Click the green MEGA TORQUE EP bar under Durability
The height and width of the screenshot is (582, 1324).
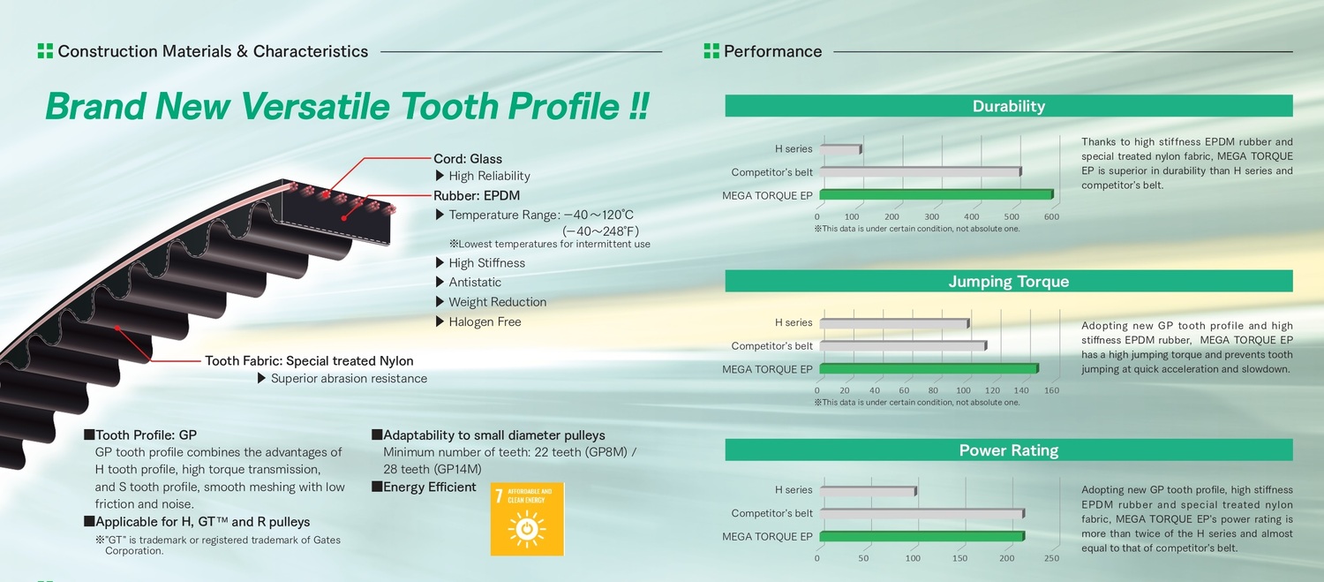[x=937, y=194]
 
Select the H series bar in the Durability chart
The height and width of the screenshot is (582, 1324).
[x=840, y=149]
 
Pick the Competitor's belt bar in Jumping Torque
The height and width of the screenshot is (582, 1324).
[x=903, y=345]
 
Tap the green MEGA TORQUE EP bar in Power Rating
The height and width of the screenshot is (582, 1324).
[x=922, y=536]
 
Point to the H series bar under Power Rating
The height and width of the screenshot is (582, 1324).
[x=869, y=491]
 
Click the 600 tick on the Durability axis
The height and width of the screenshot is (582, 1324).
[x=1051, y=216]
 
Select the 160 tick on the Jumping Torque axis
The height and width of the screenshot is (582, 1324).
[x=1051, y=390]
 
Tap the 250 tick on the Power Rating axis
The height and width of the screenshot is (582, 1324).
[x=1051, y=558]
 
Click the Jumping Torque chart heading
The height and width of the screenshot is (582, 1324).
[x=1008, y=281]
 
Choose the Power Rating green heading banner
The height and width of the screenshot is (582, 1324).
[x=1008, y=450]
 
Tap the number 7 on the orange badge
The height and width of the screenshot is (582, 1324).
[x=499, y=495]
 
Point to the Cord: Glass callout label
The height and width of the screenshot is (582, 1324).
[x=468, y=158]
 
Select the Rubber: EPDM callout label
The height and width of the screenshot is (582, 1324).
[x=477, y=195]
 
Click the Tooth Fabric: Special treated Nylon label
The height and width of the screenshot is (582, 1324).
[x=309, y=361]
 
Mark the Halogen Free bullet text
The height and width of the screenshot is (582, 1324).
[x=485, y=321]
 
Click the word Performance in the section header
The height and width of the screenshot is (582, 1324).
[x=772, y=51]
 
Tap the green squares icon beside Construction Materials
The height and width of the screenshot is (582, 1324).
[x=45, y=51]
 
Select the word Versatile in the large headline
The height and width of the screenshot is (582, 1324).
[x=315, y=107]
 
